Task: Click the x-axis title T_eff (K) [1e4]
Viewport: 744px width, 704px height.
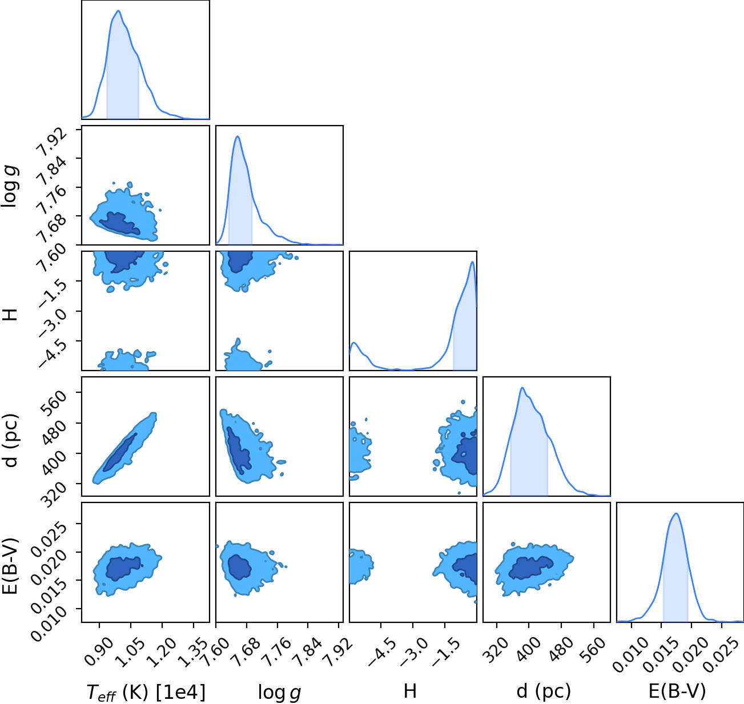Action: (x=146, y=692)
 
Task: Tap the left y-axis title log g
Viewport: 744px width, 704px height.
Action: (x=10, y=186)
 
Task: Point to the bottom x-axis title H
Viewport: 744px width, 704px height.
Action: (x=411, y=691)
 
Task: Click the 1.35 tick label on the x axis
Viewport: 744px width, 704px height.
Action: (x=193, y=653)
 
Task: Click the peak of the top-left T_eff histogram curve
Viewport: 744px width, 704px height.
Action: (x=118, y=11)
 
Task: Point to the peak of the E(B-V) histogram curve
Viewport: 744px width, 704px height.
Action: (x=676, y=514)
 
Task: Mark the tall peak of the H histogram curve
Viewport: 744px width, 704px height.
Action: (x=472, y=262)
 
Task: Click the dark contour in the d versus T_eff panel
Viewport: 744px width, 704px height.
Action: (x=120, y=452)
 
